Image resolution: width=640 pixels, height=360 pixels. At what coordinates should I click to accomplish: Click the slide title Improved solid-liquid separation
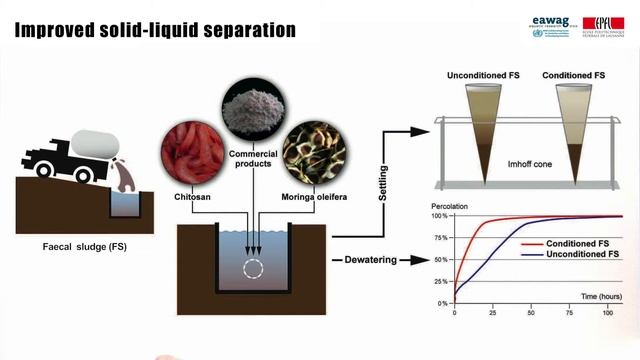click(156, 29)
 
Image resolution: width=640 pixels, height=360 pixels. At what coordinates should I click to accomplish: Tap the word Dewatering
click(365, 261)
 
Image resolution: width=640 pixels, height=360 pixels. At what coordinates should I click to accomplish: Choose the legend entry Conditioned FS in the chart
click(567, 243)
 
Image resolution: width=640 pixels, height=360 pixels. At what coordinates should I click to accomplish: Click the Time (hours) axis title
click(593, 295)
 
